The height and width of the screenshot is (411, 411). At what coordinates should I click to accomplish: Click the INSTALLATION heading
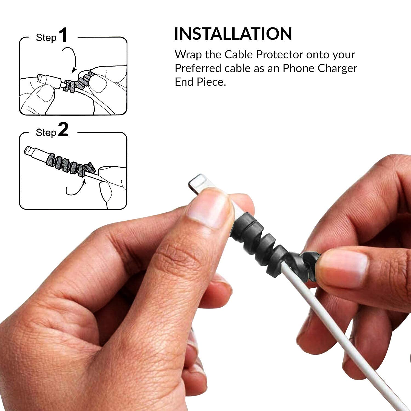coord(233,34)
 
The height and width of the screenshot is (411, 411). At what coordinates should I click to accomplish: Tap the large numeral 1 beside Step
coord(64,35)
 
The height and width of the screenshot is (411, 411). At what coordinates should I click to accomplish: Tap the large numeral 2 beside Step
coord(64,130)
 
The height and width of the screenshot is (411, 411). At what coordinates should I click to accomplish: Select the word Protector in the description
coord(279,55)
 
